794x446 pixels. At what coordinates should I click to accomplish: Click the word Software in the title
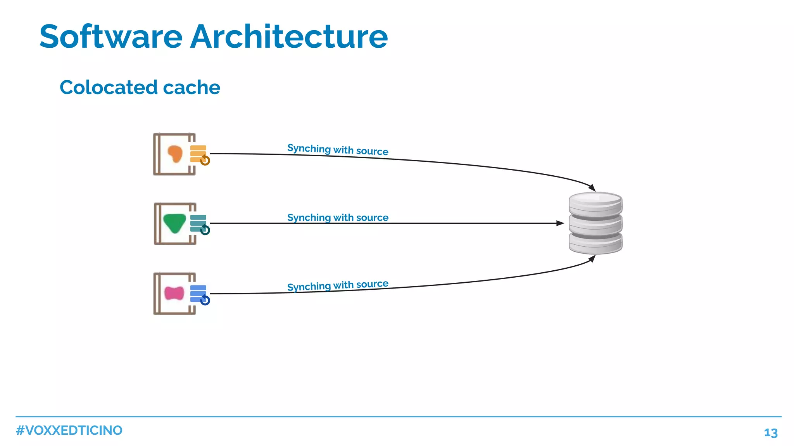111,37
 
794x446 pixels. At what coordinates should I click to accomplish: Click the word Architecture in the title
289,37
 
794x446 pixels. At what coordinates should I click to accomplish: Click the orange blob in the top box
175,154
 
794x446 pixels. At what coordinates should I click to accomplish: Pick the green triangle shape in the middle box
174,223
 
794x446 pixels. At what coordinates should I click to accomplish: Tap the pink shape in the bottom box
174,293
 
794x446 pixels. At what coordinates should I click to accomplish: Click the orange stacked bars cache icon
198,154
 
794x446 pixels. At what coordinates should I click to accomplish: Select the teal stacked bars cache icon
198,223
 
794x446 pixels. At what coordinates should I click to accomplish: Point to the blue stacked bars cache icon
198,293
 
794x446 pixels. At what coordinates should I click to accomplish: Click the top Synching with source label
338,150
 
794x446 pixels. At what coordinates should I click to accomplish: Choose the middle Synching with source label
338,218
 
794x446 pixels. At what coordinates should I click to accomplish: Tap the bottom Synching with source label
338,285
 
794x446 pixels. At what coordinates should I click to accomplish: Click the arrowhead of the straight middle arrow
560,223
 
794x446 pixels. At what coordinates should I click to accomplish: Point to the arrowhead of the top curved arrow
592,188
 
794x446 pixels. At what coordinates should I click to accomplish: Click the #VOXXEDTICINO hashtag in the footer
69,430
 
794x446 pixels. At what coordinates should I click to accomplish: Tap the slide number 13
771,433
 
